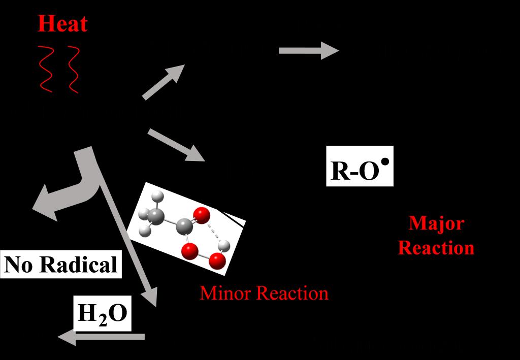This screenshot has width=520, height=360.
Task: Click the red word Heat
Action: point(62,23)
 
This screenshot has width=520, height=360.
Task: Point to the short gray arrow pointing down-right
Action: point(176,145)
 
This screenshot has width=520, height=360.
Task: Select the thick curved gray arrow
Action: point(76,188)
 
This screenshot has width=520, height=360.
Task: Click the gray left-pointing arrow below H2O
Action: point(102,336)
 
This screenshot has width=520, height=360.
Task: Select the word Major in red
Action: point(436,223)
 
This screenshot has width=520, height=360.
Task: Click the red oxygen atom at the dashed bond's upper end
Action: point(201,215)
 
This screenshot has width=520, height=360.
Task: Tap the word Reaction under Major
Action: point(436,248)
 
